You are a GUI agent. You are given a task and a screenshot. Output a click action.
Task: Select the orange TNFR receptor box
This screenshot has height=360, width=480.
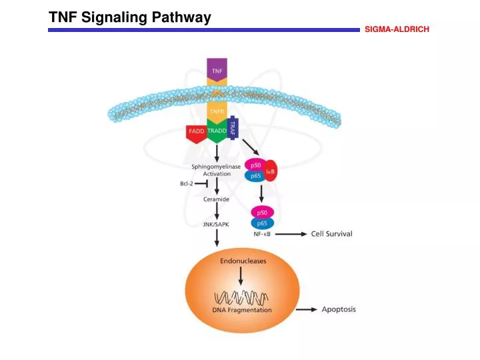217,111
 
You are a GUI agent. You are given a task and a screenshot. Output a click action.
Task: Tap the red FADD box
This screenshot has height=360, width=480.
197,132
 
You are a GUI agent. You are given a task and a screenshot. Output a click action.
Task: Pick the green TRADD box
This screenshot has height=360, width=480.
217,131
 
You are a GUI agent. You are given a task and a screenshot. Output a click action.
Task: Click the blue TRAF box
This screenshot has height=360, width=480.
233,127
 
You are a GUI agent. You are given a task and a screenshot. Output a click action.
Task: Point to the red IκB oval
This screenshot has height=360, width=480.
271,171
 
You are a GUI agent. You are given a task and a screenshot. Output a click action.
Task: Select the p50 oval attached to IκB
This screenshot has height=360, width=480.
255,165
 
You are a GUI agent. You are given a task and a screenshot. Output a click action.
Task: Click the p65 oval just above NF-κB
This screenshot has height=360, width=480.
262,223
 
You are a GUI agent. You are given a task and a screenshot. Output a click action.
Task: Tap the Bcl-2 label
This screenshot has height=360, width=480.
187,183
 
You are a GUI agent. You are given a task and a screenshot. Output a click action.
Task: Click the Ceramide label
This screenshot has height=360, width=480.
217,199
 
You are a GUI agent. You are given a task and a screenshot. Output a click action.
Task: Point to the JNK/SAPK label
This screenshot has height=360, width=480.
216,225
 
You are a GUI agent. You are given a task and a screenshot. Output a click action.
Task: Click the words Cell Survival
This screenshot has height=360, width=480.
332,234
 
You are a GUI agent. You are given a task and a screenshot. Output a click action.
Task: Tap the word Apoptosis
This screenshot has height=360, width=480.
339,309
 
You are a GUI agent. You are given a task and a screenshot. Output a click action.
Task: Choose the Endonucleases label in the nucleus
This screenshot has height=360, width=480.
243,261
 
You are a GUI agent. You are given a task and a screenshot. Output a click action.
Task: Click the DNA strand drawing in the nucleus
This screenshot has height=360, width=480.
241,296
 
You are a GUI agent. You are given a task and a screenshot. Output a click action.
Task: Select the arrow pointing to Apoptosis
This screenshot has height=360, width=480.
307,310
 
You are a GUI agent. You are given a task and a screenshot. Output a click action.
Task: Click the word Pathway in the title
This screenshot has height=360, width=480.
181,18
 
